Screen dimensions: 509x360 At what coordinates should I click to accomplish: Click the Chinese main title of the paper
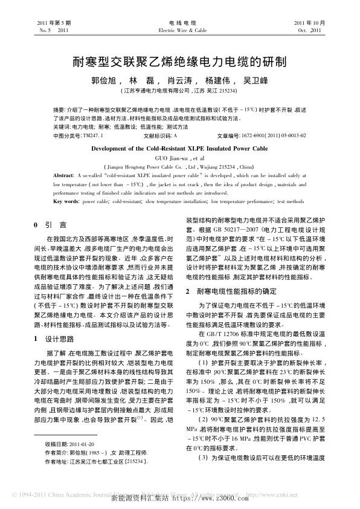click(x=179, y=61)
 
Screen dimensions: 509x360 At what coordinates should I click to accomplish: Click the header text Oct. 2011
click(x=308, y=29)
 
